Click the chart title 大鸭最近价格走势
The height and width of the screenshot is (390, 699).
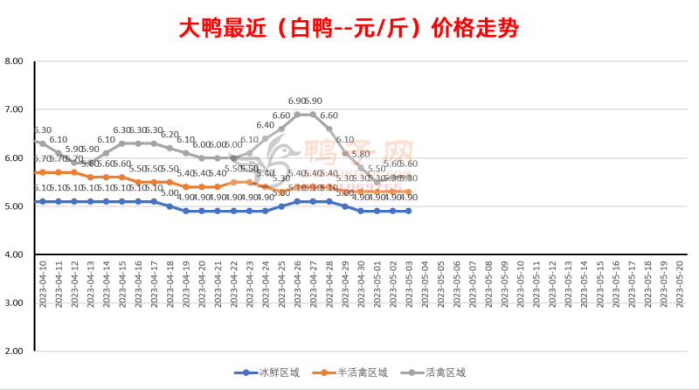coord(349,28)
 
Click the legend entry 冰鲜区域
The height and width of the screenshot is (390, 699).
coord(267,373)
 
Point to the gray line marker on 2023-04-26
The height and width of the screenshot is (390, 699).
coord(298,115)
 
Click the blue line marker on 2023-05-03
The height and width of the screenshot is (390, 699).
coord(408,211)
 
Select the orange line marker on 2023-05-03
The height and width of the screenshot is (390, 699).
coord(408,192)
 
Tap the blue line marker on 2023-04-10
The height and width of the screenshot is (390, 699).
coord(43,201)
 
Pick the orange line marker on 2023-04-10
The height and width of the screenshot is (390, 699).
coord(43,172)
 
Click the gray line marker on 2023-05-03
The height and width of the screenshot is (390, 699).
coord(408,178)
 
